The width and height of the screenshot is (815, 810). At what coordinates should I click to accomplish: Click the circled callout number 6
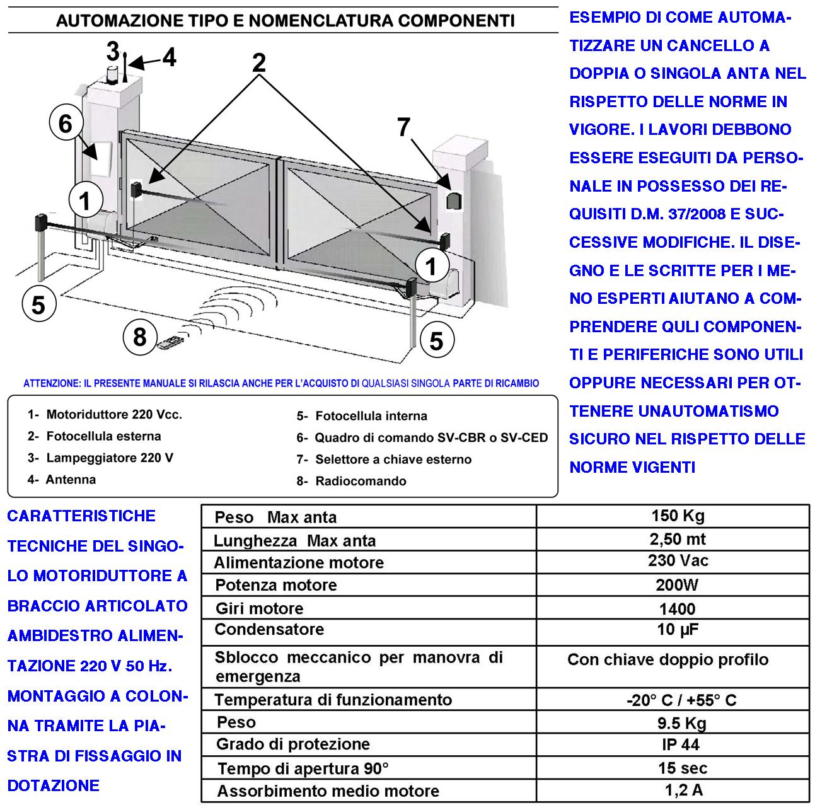(x=66, y=124)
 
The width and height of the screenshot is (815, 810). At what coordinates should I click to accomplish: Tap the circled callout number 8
(x=139, y=337)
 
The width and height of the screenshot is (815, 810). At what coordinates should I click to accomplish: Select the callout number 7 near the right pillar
(x=404, y=128)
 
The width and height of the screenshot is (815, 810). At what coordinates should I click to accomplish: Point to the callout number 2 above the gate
(x=259, y=63)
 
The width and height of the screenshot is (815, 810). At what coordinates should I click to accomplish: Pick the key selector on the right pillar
(x=454, y=201)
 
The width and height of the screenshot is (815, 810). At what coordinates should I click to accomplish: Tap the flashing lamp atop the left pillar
(x=113, y=73)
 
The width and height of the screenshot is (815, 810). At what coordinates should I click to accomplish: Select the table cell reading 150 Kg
(x=677, y=516)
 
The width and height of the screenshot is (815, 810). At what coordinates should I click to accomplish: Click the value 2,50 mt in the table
(x=677, y=539)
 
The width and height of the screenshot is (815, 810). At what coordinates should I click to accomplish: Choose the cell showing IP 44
(x=680, y=744)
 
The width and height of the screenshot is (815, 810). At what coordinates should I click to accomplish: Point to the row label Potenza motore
(x=276, y=585)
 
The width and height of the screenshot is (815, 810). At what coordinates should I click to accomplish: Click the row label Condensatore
(x=269, y=629)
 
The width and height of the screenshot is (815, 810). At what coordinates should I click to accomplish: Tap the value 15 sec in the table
(x=682, y=768)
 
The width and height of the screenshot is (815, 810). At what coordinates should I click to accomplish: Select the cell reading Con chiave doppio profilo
(x=668, y=660)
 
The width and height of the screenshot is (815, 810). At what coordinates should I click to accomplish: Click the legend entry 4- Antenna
(x=62, y=480)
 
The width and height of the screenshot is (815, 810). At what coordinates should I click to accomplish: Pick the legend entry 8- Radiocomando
(x=352, y=481)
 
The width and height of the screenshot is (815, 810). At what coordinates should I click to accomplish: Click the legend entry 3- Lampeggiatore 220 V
(x=100, y=458)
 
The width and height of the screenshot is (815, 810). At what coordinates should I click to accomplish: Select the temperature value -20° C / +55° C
(x=681, y=700)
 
